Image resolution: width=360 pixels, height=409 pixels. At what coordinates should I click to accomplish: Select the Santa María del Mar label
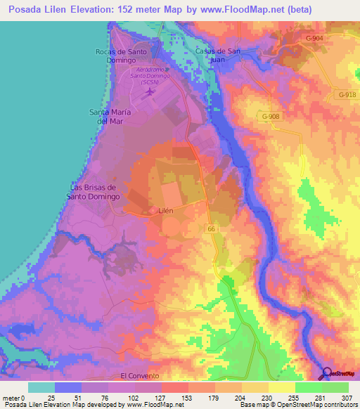(x=112, y=116)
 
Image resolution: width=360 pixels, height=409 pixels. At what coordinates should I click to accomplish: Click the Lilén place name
(x=166, y=210)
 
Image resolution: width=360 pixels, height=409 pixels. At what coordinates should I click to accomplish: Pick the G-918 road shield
(x=347, y=94)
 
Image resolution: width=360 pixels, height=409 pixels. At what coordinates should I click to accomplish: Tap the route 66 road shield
(x=211, y=228)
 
